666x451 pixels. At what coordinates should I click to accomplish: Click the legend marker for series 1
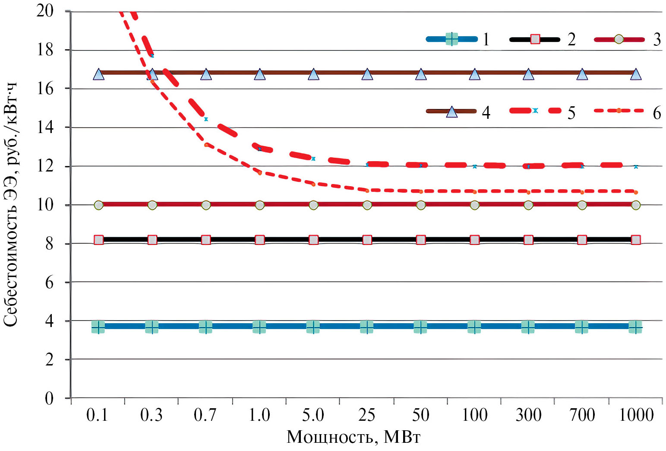(x=451, y=39)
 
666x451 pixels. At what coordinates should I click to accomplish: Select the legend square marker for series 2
(x=535, y=39)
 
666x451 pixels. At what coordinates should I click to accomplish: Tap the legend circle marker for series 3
(x=619, y=39)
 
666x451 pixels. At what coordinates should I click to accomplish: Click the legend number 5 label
(x=571, y=113)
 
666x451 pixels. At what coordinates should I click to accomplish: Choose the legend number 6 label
(x=657, y=113)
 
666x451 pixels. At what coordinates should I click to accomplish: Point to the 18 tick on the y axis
(x=45, y=50)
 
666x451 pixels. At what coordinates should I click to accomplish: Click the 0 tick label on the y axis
(x=49, y=398)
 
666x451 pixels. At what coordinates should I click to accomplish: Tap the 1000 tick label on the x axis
(x=636, y=415)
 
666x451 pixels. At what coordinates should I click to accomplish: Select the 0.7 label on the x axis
(x=205, y=415)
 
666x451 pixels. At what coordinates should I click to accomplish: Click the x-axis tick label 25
(x=367, y=415)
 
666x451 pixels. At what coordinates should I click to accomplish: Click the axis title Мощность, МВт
(x=353, y=437)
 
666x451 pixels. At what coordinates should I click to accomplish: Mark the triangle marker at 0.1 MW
(x=98, y=74)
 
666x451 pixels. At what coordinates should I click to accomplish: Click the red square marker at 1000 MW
(x=636, y=240)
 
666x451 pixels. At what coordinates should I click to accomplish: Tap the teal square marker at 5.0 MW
(x=313, y=327)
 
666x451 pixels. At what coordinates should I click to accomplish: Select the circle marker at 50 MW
(x=421, y=205)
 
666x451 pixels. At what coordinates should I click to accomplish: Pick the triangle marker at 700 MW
(x=582, y=74)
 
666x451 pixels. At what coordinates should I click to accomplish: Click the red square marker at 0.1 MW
(x=98, y=240)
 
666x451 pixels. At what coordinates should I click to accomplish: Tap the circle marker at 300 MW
(x=528, y=205)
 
